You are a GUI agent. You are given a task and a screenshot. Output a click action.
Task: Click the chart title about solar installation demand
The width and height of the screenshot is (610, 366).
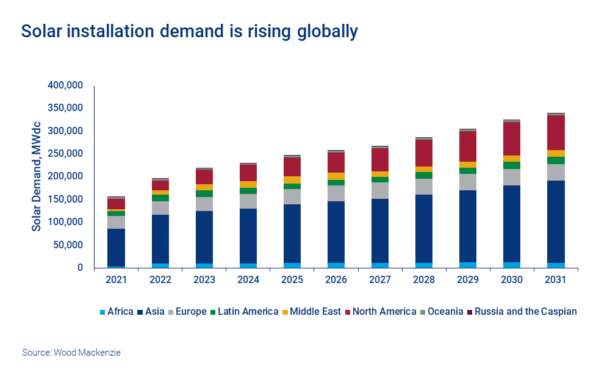pyautogui.click(x=189, y=32)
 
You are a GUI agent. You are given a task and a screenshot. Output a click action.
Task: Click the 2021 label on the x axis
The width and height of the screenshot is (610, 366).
pyautogui.click(x=116, y=280)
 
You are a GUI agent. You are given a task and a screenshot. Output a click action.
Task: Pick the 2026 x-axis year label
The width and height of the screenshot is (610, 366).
pyautogui.click(x=335, y=280)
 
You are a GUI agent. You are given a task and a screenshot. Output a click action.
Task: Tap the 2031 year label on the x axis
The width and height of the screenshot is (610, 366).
pyautogui.click(x=555, y=280)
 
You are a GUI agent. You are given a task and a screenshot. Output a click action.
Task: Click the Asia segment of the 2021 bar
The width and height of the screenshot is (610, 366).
pyautogui.click(x=116, y=247)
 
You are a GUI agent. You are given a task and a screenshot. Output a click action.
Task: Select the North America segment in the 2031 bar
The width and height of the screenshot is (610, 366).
pyautogui.click(x=555, y=132)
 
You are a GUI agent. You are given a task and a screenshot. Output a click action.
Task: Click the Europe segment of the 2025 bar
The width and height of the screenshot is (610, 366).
pyautogui.click(x=292, y=196)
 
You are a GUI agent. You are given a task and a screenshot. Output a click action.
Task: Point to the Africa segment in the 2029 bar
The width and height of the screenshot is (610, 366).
pyautogui.click(x=467, y=265)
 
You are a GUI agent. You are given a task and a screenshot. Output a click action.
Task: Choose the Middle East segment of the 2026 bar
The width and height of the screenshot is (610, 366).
pyautogui.click(x=335, y=176)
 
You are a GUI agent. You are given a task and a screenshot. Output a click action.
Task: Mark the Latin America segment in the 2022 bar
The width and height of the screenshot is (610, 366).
pyautogui.click(x=160, y=198)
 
